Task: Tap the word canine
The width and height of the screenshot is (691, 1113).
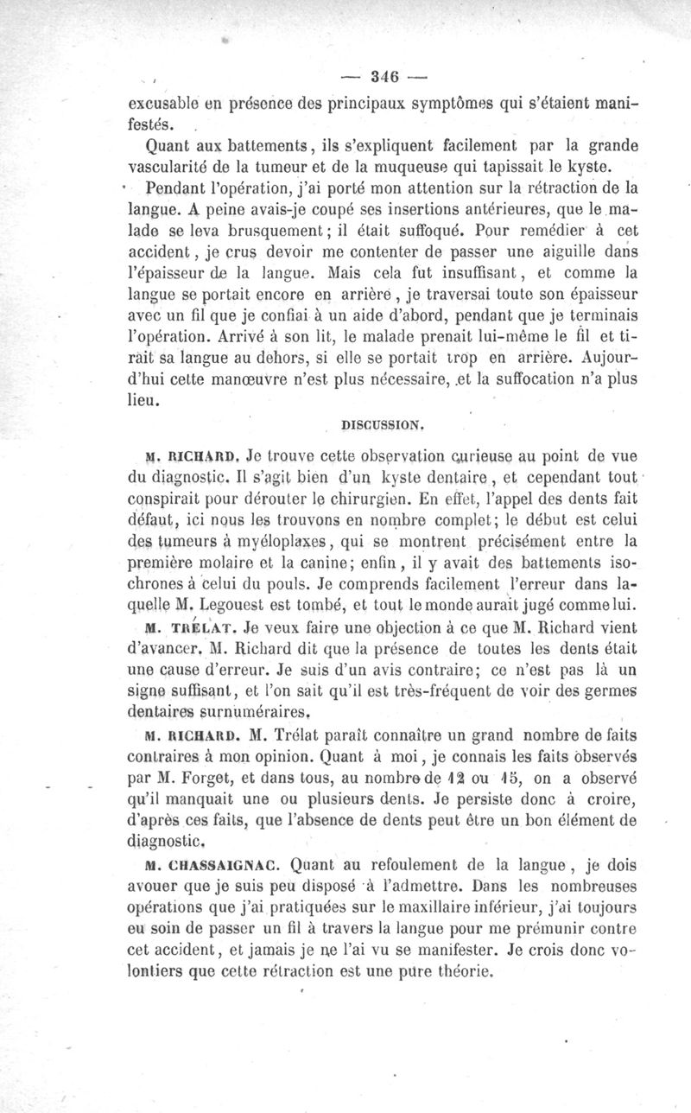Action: coord(344,563)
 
